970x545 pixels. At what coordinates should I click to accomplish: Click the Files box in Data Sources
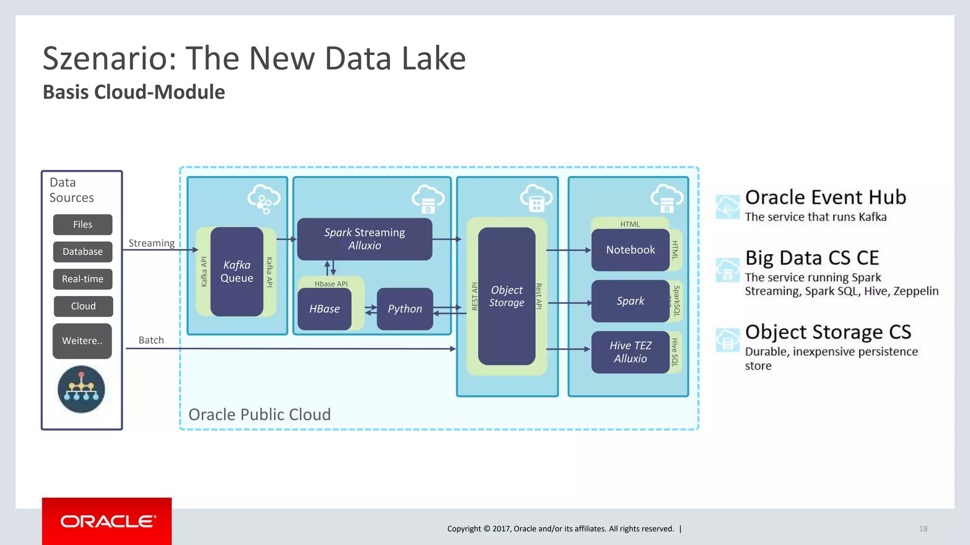click(82, 225)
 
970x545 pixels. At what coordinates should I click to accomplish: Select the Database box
click(82, 252)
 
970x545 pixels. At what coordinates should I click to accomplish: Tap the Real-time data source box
click(82, 279)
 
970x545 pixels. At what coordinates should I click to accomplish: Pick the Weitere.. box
click(82, 341)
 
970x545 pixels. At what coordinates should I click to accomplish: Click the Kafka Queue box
click(237, 272)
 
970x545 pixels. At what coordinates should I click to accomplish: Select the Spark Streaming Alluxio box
click(364, 239)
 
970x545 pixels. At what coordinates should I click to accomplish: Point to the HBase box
click(324, 309)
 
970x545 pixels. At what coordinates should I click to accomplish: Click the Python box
click(404, 309)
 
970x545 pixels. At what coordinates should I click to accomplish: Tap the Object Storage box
click(506, 296)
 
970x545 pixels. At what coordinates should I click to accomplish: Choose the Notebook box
click(630, 250)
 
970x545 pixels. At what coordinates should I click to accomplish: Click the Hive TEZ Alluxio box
click(630, 352)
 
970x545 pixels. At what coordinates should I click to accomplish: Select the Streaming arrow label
click(152, 243)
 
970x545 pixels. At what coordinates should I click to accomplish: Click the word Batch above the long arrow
click(151, 340)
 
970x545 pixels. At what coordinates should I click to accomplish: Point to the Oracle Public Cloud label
click(260, 414)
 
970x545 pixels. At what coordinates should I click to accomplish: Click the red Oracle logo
click(107, 521)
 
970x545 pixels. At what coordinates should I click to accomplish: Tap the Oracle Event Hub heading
click(825, 197)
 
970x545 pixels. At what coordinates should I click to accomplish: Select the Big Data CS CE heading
click(812, 258)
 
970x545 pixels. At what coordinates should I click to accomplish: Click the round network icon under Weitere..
click(81, 389)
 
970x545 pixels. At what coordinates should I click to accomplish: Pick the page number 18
click(923, 528)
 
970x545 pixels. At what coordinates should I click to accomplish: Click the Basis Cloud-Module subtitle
click(134, 92)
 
